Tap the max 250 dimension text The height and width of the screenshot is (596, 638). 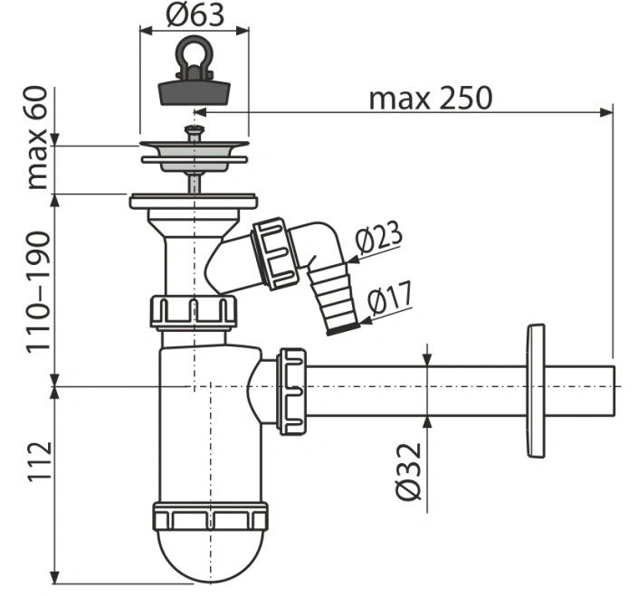(x=430, y=98)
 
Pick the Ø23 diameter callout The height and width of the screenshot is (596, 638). (x=377, y=240)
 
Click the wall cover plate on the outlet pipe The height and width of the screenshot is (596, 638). (x=536, y=389)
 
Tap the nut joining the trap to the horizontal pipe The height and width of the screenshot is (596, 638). (x=291, y=391)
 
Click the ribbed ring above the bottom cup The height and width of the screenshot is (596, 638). (x=211, y=517)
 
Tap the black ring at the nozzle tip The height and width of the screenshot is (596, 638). (x=342, y=328)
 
